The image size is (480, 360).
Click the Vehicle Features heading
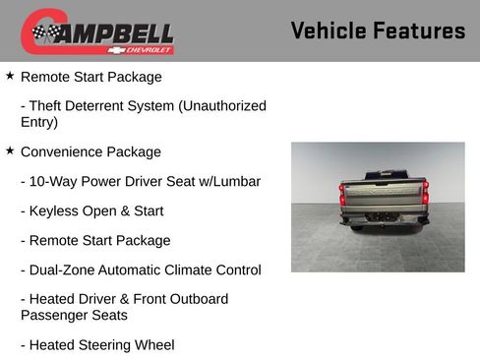(x=378, y=30)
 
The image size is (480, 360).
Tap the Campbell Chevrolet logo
(x=97, y=31)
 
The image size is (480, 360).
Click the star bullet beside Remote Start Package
(x=10, y=75)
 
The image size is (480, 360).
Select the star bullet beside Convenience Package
(x=10, y=150)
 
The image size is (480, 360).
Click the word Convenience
(x=65, y=151)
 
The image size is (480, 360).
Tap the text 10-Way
(x=53, y=181)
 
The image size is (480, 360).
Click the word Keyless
(x=53, y=210)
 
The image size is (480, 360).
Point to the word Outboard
(x=196, y=299)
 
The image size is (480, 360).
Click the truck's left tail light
(x=343, y=195)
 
